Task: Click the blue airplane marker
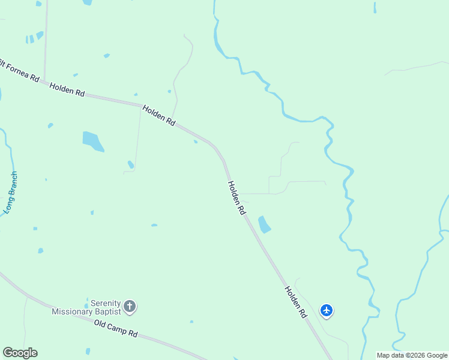327,310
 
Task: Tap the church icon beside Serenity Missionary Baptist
130,307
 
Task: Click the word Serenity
106,304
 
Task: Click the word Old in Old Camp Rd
101,325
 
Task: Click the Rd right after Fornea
34,79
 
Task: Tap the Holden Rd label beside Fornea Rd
67,89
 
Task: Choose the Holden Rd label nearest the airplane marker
296,301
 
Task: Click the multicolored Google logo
20,353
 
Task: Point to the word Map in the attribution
383,355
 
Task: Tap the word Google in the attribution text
436,355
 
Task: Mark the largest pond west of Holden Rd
92,141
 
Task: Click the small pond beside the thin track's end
130,164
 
